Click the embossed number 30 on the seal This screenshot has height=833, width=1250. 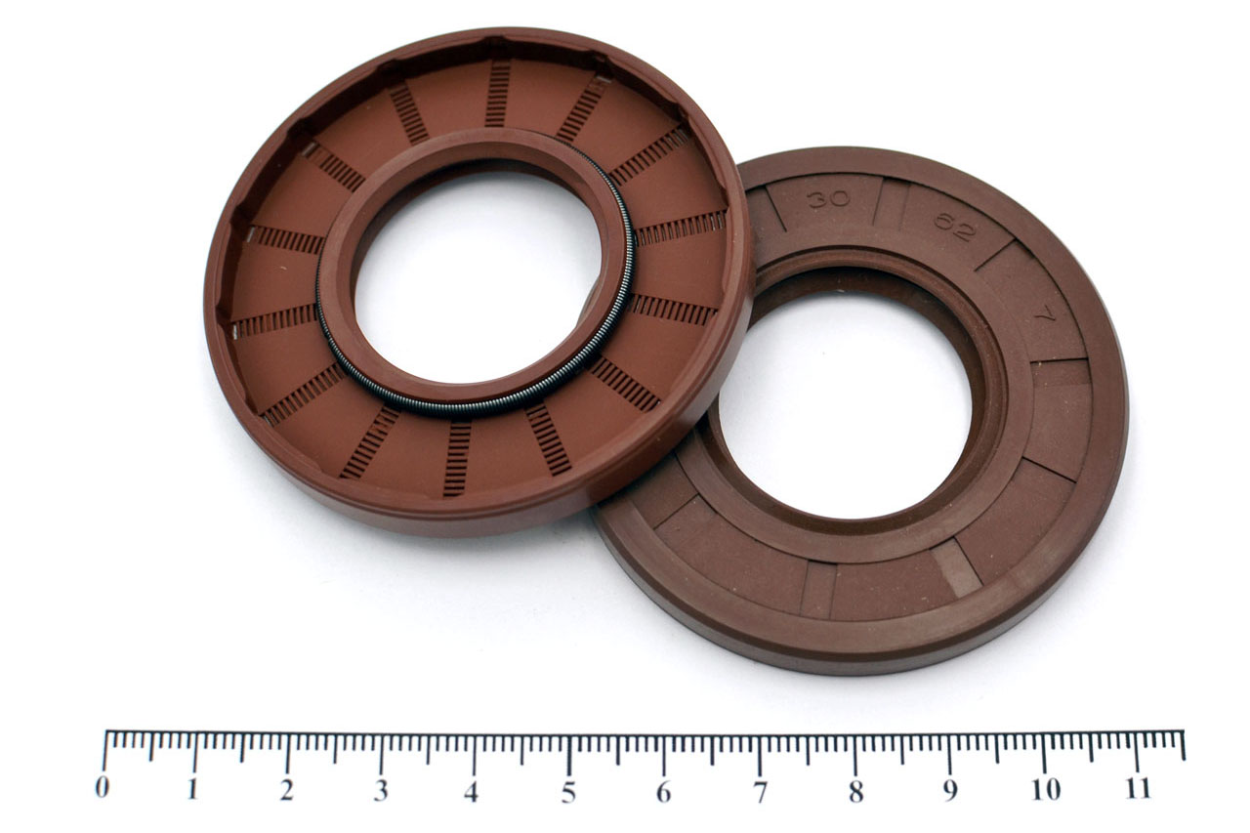829,198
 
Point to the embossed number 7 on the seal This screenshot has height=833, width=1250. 1042,318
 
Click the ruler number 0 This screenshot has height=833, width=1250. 103,787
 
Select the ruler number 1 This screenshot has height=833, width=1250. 193,789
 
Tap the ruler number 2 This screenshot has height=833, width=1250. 287,790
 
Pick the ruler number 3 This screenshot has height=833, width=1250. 381,791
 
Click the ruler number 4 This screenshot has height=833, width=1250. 472,792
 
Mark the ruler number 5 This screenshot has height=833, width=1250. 568,792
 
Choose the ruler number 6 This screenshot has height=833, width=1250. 663,792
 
